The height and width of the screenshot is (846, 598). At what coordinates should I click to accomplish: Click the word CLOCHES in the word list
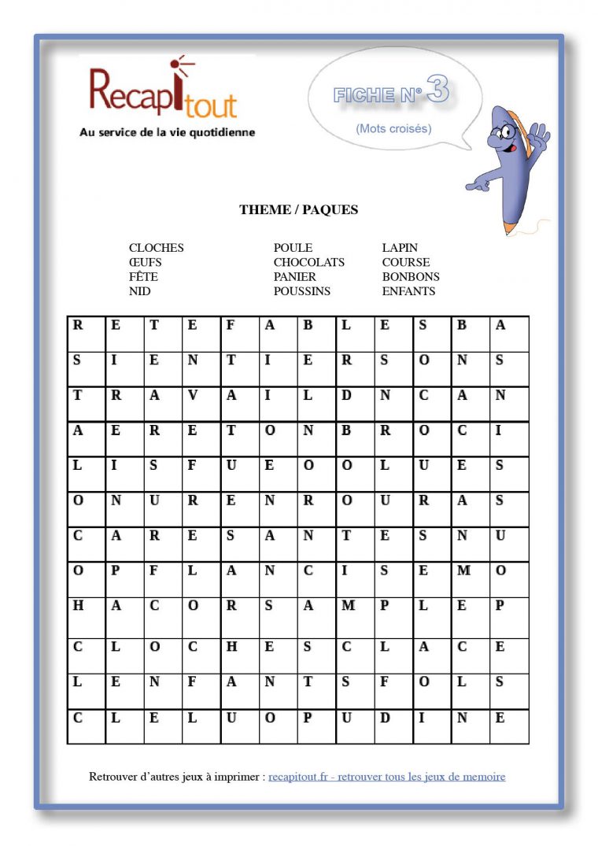click(156, 248)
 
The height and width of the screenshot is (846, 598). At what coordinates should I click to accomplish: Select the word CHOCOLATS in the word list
click(308, 262)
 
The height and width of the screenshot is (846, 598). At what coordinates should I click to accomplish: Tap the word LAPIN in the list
click(400, 248)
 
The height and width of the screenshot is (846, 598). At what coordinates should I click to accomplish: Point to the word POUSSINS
click(301, 291)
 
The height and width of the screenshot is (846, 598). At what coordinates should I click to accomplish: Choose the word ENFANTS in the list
click(408, 291)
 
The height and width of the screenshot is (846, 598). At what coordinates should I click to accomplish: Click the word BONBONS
click(411, 277)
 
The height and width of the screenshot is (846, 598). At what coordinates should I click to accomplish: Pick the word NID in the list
click(139, 291)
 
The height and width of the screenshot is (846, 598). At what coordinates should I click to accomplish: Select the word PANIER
click(294, 277)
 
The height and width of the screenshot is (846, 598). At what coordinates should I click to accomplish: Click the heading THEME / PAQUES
click(298, 210)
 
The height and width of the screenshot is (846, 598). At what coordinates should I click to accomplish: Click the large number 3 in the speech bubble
click(437, 91)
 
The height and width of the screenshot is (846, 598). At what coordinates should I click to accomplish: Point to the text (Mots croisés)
click(393, 128)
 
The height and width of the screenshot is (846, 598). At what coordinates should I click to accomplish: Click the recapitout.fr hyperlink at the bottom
click(386, 777)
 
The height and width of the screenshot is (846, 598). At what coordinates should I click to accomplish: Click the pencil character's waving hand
click(540, 134)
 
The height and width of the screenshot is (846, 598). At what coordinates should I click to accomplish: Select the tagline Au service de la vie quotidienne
click(167, 133)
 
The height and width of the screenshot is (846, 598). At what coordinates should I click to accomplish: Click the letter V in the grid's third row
click(193, 396)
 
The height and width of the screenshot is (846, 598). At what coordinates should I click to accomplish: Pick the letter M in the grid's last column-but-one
click(463, 570)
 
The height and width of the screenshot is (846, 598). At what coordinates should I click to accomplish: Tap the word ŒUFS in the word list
click(145, 262)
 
